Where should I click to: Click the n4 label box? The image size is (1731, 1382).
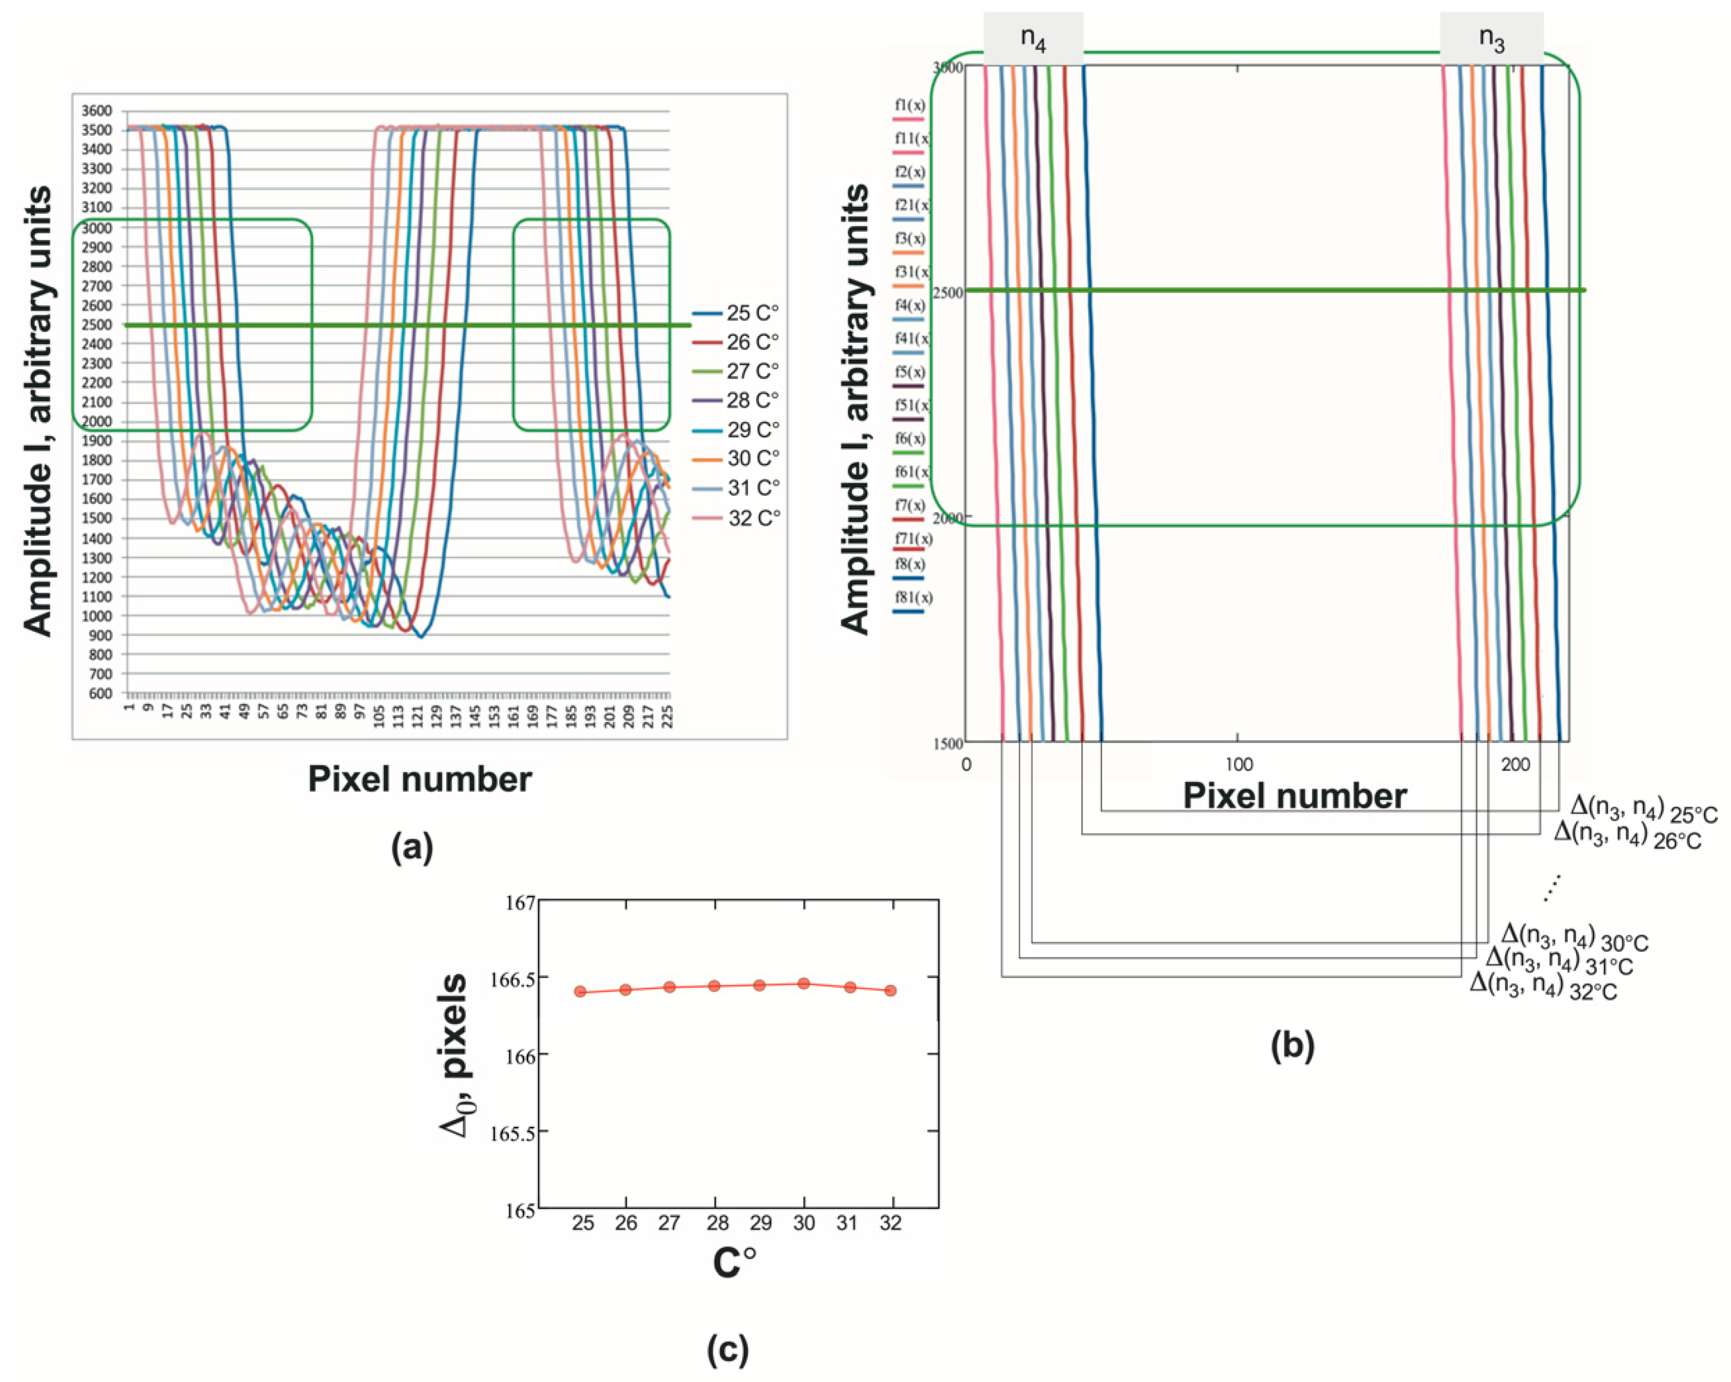(1033, 38)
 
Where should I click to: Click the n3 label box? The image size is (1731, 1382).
(1491, 38)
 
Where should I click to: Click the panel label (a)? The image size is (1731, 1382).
(412, 848)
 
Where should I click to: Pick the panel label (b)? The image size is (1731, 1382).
(1292, 1046)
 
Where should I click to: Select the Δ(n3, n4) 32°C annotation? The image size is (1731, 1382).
(1542, 986)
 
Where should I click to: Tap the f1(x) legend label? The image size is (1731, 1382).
(910, 105)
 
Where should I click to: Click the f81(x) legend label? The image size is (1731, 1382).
(913, 597)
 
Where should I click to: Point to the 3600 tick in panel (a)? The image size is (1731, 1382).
(97, 111)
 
